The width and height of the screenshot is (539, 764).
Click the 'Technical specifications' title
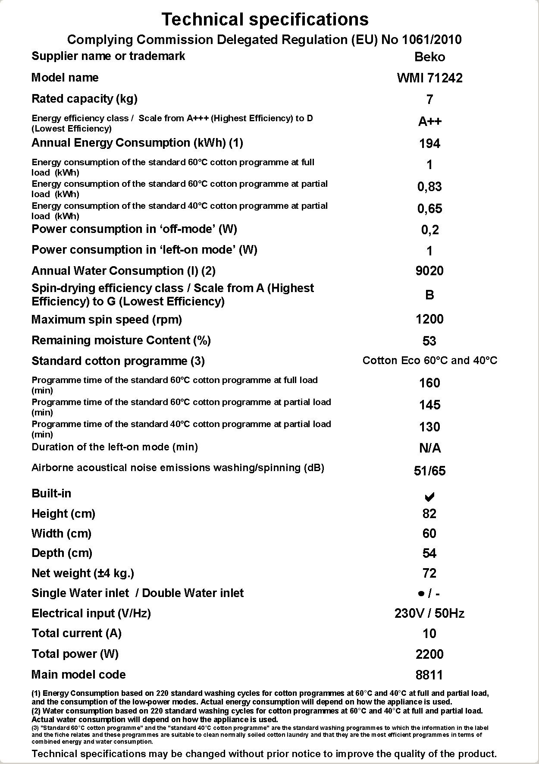click(265, 19)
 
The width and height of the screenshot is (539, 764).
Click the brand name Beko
click(429, 57)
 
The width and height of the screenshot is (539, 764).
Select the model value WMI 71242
click(429, 78)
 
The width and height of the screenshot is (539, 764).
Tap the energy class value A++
click(429, 122)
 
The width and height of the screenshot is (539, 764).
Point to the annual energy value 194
click(429, 144)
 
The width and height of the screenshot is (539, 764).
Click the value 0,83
click(429, 187)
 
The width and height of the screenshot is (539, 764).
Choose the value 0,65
click(429, 209)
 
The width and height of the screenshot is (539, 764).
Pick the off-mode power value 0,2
click(429, 230)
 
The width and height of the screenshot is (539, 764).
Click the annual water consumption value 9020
click(429, 271)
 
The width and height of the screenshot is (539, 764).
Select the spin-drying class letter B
click(429, 295)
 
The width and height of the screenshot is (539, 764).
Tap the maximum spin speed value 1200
click(429, 319)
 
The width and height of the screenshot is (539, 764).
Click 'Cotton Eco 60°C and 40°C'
click(429, 361)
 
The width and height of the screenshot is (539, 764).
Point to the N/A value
click(429, 449)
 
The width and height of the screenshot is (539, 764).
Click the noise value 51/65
click(429, 471)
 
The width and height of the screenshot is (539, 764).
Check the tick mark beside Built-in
click(429, 497)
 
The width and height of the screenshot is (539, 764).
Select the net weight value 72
click(429, 573)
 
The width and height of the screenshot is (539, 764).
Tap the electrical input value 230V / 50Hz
click(429, 613)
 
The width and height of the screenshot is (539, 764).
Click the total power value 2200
click(429, 654)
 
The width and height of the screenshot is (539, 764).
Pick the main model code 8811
click(429, 675)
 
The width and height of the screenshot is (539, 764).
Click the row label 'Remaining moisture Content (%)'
click(121, 340)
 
